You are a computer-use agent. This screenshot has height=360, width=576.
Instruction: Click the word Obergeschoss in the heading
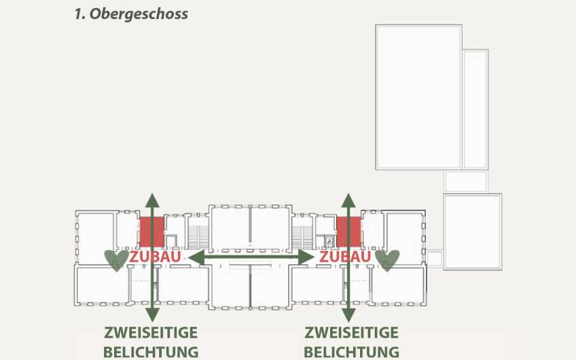pos(139,14)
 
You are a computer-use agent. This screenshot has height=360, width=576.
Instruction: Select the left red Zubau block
pos(151,232)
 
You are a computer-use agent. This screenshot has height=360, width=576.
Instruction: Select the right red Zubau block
pos(349,232)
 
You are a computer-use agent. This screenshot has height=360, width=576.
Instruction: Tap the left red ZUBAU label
pos(155,257)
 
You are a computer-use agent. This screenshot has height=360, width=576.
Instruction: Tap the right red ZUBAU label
pos(345,257)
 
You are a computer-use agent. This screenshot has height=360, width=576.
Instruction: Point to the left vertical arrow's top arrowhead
pos(152,201)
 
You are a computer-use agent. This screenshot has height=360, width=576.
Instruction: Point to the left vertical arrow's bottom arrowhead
pos(152,314)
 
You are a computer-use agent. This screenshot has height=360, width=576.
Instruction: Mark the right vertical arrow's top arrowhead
pos(348,201)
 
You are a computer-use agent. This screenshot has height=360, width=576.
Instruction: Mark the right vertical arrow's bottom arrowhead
pos(348,314)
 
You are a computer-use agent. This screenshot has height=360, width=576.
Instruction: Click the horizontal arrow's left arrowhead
pos(196,257)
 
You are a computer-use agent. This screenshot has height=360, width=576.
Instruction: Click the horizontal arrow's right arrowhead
pos(306,257)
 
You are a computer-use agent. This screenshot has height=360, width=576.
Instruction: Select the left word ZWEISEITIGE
pos(151,333)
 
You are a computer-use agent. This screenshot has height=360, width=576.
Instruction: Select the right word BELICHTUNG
pos(352,352)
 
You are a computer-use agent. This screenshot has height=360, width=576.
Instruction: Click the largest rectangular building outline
pos(419,97)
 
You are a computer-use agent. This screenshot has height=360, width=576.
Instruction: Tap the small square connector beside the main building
pos(434,258)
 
